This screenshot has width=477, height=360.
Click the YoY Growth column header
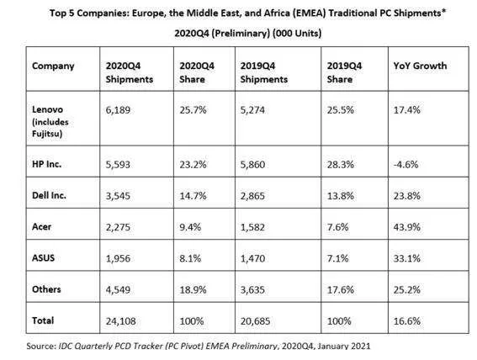(420, 66)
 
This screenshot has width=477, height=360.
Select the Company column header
(53, 66)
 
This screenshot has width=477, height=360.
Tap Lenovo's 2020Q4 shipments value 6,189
(118, 109)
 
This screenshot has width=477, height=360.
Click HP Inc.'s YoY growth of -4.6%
(405, 165)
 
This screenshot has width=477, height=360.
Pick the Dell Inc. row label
(49, 195)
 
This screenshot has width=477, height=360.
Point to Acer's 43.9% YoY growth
(407, 227)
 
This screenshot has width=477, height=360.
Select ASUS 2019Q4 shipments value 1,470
(252, 258)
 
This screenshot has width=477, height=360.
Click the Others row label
(46, 289)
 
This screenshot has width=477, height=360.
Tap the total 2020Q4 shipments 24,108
(121, 321)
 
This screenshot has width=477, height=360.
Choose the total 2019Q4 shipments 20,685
(255, 321)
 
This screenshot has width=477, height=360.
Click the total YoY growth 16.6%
(407, 321)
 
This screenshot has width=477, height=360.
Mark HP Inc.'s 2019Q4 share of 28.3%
(341, 165)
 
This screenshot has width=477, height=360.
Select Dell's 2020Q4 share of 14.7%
(193, 196)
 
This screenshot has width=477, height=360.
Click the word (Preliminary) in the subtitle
(241, 33)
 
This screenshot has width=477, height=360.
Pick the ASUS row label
(43, 258)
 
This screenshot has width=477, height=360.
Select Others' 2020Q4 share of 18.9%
(193, 289)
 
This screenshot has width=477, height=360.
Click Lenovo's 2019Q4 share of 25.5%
(341, 109)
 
